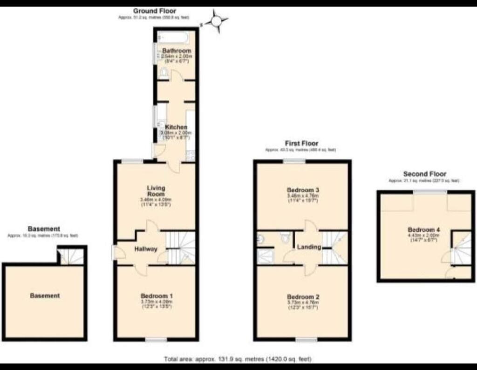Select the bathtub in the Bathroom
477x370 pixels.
pyautogui.click(x=173, y=36)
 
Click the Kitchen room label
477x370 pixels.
pyautogui.click(x=177, y=127)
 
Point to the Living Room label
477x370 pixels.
pyautogui.click(x=156, y=191)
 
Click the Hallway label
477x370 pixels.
pyautogui.click(x=146, y=249)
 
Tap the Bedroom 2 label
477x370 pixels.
pyautogui.click(x=302, y=297)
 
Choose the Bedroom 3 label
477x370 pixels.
pyautogui.click(x=302, y=190)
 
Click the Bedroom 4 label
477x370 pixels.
pyautogui.click(x=423, y=229)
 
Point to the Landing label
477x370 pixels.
pyautogui.click(x=310, y=247)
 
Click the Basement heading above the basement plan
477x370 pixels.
pyautogui.click(x=44, y=229)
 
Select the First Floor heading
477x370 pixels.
pyautogui.click(x=301, y=144)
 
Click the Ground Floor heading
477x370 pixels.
pyautogui.click(x=155, y=11)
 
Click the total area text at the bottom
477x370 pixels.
pyautogui.click(x=238, y=359)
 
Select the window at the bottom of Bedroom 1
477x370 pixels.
pyautogui.click(x=156, y=340)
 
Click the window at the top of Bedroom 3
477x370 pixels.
pyautogui.click(x=294, y=161)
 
